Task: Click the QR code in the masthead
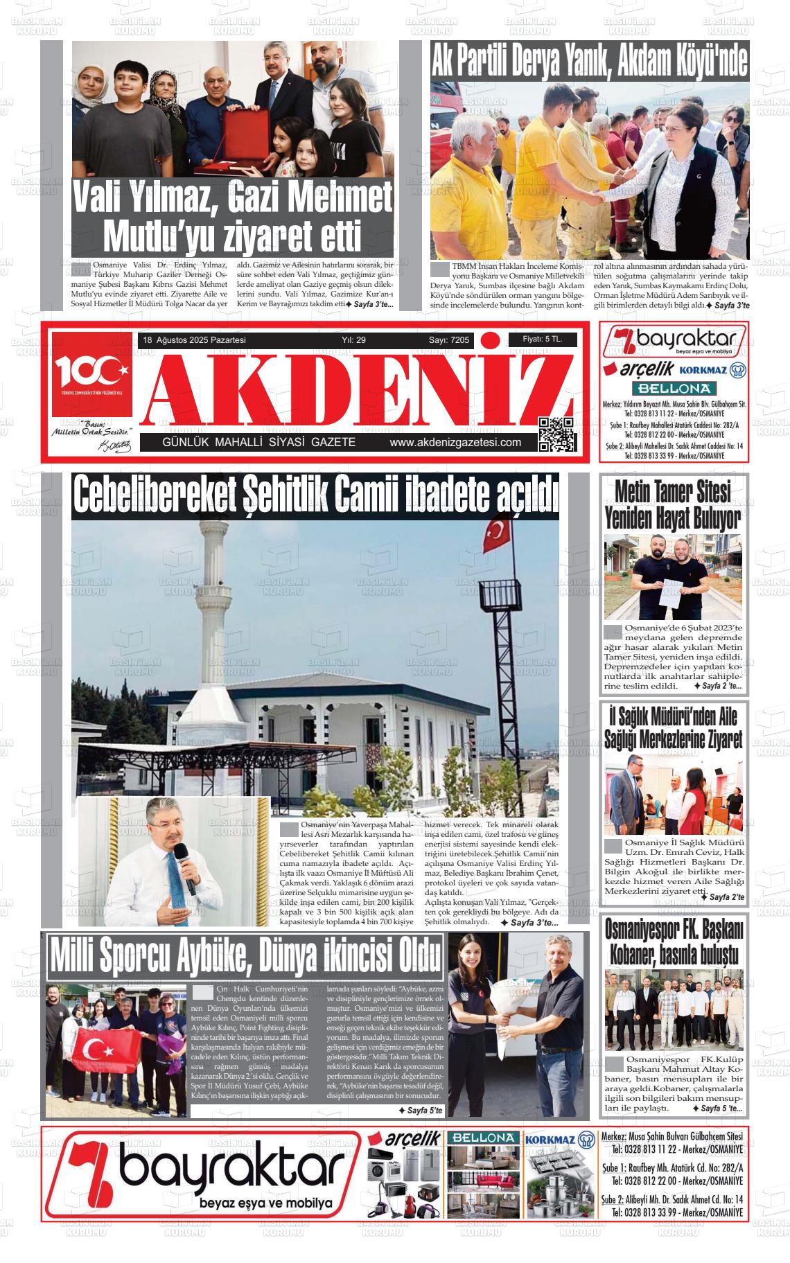tap(556, 434)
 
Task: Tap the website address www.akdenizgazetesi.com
tap(455, 443)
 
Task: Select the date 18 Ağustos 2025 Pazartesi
tap(194, 340)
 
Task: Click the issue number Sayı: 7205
tap(448, 340)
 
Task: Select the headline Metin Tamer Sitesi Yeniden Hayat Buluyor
tap(672, 504)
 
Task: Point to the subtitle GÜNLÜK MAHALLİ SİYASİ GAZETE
tap(258, 443)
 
